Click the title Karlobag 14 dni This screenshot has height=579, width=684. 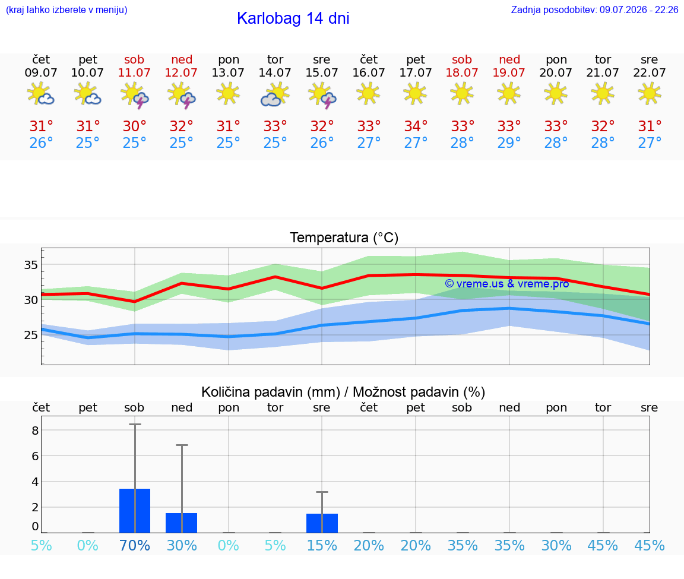tap(293, 18)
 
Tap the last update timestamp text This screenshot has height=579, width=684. tap(594, 10)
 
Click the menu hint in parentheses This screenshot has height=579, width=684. tap(66, 10)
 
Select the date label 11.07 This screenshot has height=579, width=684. tap(134, 73)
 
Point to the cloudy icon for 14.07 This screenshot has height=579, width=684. tap(275, 94)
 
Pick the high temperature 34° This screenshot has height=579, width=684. tap(416, 126)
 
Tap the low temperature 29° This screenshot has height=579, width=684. tap(509, 143)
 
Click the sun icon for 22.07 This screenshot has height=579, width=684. tap(650, 94)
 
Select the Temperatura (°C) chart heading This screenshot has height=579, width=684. tap(344, 238)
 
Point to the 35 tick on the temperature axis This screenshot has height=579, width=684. tap(31, 265)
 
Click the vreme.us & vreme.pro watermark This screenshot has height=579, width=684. tap(507, 284)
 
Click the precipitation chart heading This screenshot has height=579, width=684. tap(343, 392)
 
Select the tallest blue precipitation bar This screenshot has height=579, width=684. tap(135, 511)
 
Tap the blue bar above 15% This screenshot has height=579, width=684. tap(322, 523)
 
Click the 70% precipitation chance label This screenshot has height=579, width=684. tap(135, 546)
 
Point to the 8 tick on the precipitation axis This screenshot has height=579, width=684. tap(36, 431)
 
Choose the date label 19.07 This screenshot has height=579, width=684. tap(509, 73)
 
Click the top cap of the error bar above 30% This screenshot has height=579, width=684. tap(182, 445)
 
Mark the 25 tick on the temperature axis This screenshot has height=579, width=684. tap(31, 335)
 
